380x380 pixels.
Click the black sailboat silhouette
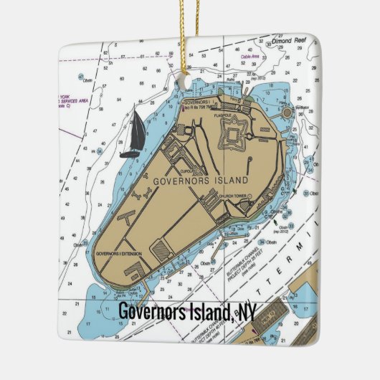(x=131, y=135)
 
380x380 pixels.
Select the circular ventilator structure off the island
(x=288, y=112)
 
